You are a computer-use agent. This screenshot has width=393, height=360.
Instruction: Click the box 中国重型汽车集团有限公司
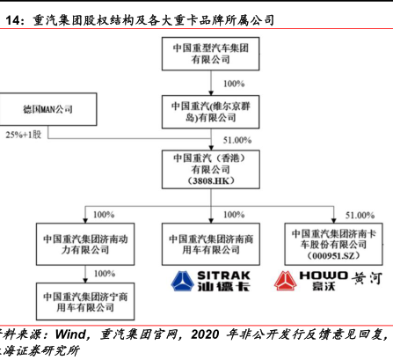(210, 54)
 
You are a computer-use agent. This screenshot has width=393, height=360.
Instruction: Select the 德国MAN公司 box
(48, 109)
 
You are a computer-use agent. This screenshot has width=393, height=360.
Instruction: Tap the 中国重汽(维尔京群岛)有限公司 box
(210, 112)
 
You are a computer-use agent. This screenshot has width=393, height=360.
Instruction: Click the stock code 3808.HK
(211, 180)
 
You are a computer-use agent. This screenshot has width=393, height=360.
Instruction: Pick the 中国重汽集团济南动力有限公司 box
(85, 244)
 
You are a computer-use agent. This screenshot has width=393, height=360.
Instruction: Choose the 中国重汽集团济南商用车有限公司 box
(211, 244)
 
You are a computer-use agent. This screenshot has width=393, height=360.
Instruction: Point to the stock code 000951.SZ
(333, 256)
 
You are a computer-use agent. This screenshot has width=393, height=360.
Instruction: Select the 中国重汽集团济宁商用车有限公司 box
(85, 301)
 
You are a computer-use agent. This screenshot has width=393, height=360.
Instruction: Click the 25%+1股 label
(24, 135)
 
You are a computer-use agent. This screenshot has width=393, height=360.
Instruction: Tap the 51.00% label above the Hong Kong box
(237, 140)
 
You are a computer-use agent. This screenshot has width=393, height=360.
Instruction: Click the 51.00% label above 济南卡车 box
(360, 216)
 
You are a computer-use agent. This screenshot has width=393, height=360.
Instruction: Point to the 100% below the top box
(234, 84)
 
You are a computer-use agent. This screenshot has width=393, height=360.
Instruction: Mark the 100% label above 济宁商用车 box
(105, 274)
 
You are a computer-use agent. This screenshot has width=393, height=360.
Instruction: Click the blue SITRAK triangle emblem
(182, 281)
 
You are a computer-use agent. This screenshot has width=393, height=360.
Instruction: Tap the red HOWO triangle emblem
(285, 281)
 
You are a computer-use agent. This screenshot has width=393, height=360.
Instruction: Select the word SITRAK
(223, 276)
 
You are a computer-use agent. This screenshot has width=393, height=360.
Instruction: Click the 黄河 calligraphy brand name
(367, 278)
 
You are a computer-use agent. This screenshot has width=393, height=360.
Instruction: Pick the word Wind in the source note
(70, 334)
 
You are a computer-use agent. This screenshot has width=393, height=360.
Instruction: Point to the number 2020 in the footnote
(205, 334)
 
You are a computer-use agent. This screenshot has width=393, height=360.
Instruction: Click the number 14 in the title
(12, 20)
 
